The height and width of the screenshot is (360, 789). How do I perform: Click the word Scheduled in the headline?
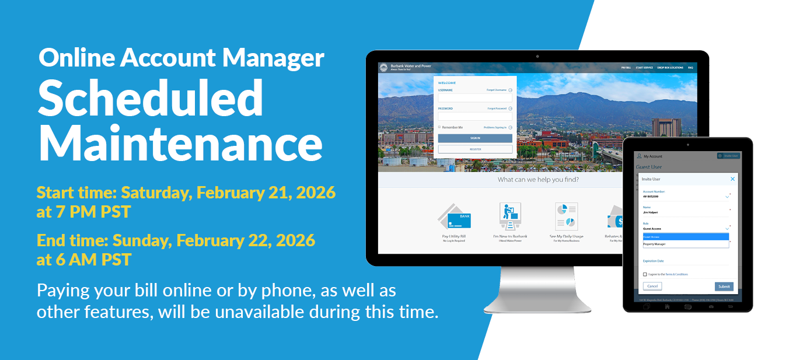[x=151, y=98]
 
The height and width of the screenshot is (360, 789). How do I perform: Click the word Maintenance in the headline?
[x=180, y=144]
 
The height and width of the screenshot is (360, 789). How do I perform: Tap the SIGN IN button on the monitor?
[x=475, y=138]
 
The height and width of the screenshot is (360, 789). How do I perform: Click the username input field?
[x=475, y=98]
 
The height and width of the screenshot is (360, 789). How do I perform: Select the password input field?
[x=475, y=116]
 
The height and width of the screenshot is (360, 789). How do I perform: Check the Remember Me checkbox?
[x=440, y=127]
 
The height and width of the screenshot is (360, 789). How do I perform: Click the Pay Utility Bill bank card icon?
[x=455, y=217]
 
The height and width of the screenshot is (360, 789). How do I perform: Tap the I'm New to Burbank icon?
[x=509, y=217]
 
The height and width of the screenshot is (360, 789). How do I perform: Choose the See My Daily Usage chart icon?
[x=565, y=217]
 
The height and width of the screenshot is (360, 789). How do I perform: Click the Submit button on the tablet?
[x=724, y=286]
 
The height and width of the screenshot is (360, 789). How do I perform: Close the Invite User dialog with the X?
[x=732, y=179]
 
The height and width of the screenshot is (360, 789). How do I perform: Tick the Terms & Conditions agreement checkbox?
[x=645, y=274]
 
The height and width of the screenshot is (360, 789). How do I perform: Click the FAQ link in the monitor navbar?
[x=690, y=68]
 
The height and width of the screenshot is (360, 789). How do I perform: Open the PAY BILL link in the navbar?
[x=626, y=68]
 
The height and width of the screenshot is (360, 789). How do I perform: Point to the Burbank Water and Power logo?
[x=383, y=68]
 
